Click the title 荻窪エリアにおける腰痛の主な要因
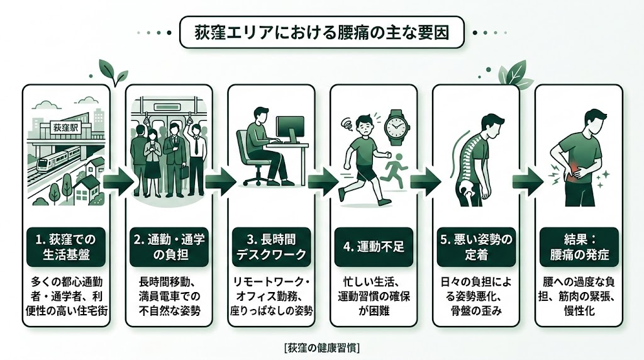tap(321, 31)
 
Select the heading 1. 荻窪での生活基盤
tap(66, 247)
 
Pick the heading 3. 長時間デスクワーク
tap(270, 247)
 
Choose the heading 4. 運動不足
tap(373, 247)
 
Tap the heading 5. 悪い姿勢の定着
tap(475, 247)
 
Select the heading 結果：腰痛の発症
tap(578, 247)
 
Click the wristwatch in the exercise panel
tap(394, 127)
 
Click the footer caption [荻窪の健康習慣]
tap(322, 347)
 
